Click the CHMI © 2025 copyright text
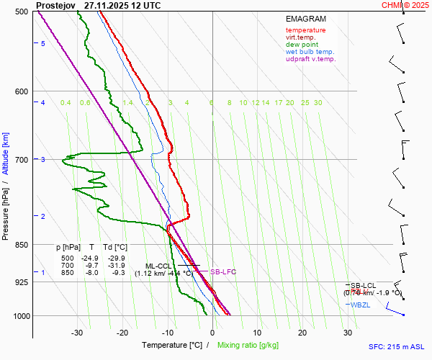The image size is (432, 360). [405, 5]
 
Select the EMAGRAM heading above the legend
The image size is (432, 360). [305, 19]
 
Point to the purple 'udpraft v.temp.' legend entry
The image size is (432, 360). [310, 59]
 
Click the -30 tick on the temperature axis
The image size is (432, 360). [78, 333]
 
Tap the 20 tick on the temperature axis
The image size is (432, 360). [302, 333]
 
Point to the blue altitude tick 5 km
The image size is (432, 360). [43, 44]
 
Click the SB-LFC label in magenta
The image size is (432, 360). [222, 271]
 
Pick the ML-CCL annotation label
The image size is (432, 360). [158, 266]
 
